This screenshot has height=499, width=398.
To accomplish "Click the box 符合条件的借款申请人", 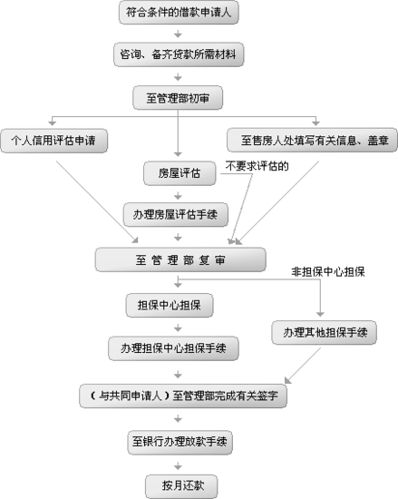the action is click(179, 13).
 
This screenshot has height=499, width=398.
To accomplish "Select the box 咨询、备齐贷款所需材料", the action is click(179, 54).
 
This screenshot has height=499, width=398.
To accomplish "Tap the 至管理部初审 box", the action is click(178, 98).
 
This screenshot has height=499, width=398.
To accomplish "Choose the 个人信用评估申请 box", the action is click(53, 141).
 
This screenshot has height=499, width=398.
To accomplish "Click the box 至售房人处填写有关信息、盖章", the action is click(312, 140).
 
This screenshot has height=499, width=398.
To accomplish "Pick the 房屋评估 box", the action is click(180, 173).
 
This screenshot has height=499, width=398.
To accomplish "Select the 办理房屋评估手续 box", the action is click(176, 214).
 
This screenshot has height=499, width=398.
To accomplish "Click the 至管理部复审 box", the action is click(180, 260).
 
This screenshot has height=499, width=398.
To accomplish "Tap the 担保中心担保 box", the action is click(170, 305).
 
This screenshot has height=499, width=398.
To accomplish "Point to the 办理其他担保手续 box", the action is click(325, 333).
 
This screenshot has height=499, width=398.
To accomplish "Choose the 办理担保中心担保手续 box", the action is click(173, 348).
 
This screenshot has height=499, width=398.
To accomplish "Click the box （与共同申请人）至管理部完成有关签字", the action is click(183, 396).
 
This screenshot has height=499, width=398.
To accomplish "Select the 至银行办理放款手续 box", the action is click(180, 443).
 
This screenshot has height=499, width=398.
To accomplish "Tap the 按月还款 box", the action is click(181, 486).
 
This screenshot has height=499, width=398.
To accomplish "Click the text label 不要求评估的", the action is click(257, 166).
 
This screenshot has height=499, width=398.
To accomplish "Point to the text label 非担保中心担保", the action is click(328, 272).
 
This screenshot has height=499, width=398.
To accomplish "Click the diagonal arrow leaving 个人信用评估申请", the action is click(97, 201).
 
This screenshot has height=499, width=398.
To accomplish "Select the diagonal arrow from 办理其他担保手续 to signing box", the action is click(303, 366).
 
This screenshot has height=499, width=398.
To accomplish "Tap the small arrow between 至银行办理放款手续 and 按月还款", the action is click(178, 466).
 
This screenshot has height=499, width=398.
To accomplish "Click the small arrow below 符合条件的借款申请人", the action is click(178, 34).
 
